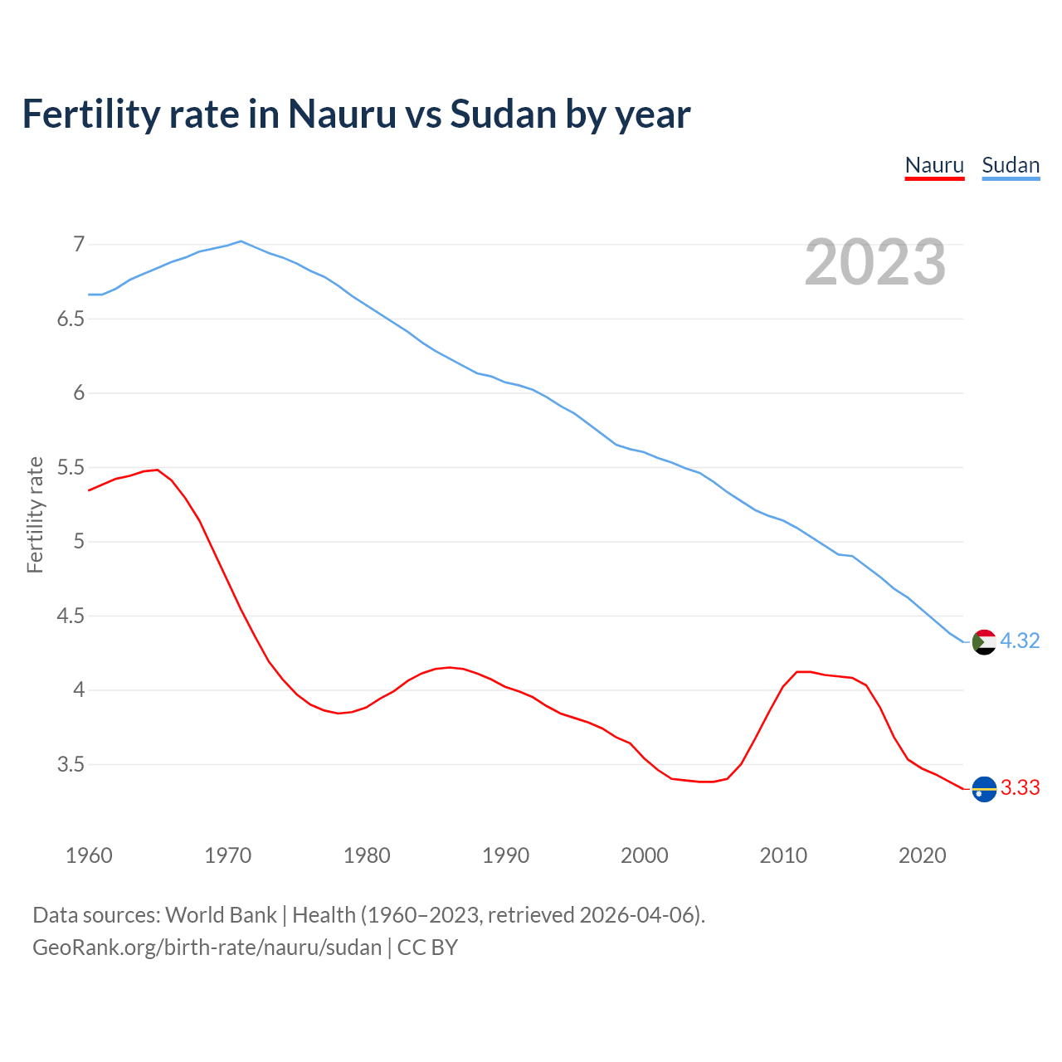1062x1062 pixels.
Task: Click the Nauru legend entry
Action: [x=934, y=165]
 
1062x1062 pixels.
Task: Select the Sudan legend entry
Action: [x=1011, y=165]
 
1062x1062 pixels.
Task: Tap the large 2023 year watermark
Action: [x=875, y=262]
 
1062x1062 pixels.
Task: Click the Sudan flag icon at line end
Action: [x=983, y=641]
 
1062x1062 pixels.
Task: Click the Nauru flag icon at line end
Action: [x=983, y=788]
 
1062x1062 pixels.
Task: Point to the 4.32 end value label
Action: [x=1020, y=641]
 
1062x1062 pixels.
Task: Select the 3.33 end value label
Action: [x=1020, y=788]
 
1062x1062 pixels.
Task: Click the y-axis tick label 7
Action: [x=79, y=245]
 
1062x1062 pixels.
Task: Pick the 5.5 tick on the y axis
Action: [x=71, y=468]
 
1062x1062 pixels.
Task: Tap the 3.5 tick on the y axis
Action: [x=71, y=765]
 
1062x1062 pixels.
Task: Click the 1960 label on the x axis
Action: [x=89, y=855]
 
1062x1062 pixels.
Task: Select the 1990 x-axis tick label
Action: [x=505, y=855]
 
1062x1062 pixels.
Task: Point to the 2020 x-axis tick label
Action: [x=922, y=855]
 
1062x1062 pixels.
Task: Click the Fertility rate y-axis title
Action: [x=35, y=514]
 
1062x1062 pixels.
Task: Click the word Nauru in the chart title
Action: [x=342, y=114]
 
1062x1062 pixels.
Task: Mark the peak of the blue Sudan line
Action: [x=241, y=241]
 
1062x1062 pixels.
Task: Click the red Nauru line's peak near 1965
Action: [x=157, y=470]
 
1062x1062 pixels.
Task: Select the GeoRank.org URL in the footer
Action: [x=207, y=947]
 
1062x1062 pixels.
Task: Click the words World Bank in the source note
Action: [x=221, y=915]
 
